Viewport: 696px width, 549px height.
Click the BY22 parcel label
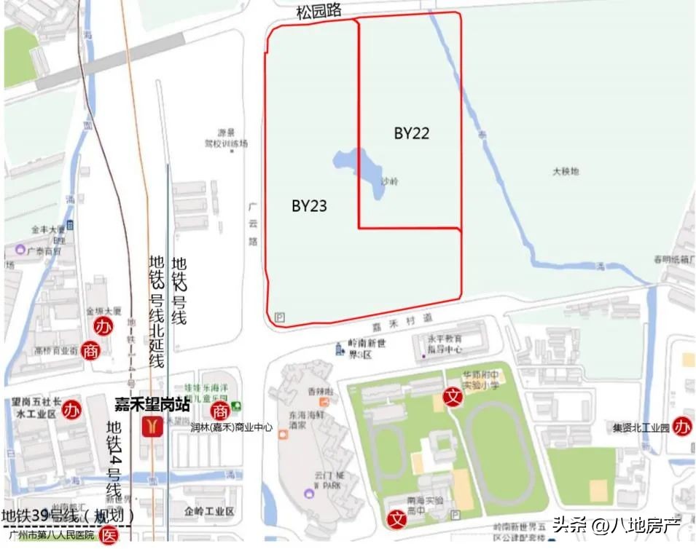[412, 133]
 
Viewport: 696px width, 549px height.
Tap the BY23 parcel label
[309, 206]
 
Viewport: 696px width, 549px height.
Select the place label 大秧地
[565, 172]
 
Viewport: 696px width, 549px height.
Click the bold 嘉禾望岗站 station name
[152, 403]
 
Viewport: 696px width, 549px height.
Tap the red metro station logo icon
[152, 425]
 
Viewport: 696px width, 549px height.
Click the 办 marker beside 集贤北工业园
[683, 425]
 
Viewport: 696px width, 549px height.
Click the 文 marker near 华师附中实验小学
[453, 397]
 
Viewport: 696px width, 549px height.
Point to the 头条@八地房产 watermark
[616, 525]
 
